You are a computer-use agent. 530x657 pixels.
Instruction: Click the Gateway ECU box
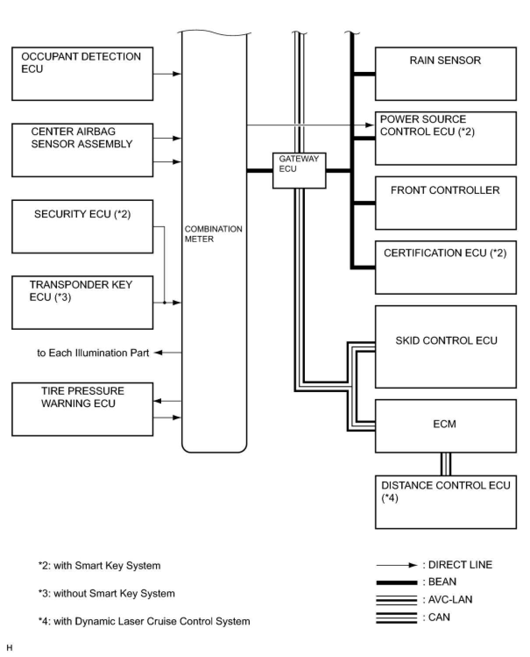pos(299,170)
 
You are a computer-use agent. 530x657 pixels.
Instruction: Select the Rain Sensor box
pos(445,74)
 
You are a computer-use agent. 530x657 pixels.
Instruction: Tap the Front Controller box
pos(445,203)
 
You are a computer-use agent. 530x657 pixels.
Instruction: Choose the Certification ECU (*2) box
pos(445,268)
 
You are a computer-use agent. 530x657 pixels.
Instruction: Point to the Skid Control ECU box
pos(445,346)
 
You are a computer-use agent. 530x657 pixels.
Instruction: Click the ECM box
pos(445,426)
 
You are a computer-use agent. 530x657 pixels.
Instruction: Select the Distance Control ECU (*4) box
pos(445,502)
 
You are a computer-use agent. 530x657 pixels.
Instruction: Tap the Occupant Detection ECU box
pos(82,74)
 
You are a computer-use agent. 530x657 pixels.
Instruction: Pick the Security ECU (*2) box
pos(82,227)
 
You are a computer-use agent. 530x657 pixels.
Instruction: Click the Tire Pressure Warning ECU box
pos(82,409)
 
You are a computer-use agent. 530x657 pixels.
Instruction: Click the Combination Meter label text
pos(213,234)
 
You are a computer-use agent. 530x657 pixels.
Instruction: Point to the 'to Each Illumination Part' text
pos(93,353)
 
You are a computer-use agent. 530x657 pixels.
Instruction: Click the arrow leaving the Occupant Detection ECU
pos(167,74)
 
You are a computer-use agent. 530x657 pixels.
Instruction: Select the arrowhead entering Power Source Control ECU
pos(370,125)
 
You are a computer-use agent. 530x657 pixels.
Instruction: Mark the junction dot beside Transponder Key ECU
pos(164,303)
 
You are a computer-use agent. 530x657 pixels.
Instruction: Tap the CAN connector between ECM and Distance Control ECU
pos(445,464)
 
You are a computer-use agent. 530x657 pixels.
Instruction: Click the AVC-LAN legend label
pos(447,599)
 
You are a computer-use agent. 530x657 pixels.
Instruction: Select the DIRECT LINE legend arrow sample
pos(397,565)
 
